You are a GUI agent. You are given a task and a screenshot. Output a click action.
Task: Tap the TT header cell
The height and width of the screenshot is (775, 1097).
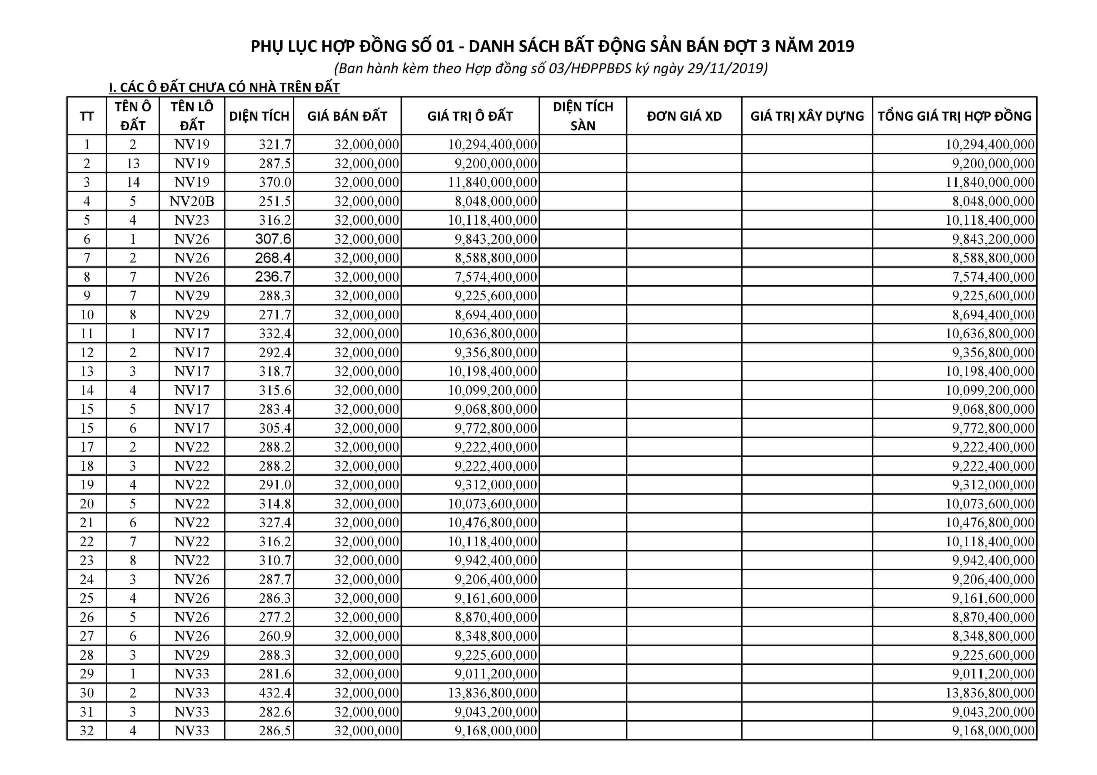pos(87,116)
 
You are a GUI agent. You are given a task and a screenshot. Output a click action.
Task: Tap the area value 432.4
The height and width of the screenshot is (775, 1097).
pos(275,693)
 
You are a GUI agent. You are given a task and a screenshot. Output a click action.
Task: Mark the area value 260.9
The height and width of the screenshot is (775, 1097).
pos(275,636)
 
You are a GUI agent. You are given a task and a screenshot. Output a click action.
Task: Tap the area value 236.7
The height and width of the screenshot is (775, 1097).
pos(273,277)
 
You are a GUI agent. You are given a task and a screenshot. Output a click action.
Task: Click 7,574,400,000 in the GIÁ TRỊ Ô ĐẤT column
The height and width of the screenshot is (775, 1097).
pos(495,277)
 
